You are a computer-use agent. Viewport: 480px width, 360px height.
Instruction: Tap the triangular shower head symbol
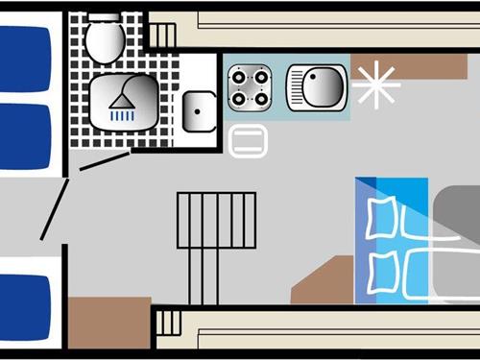pyautogui.click(x=122, y=96)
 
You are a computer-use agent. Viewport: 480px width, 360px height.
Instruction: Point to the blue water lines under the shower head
pyautogui.click(x=122, y=114)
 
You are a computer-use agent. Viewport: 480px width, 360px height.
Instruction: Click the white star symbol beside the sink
pyautogui.click(x=374, y=84)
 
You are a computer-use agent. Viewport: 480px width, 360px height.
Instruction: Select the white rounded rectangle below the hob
pyautogui.click(x=250, y=141)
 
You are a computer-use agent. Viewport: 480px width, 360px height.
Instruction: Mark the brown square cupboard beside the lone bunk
pyautogui.click(x=108, y=322)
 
